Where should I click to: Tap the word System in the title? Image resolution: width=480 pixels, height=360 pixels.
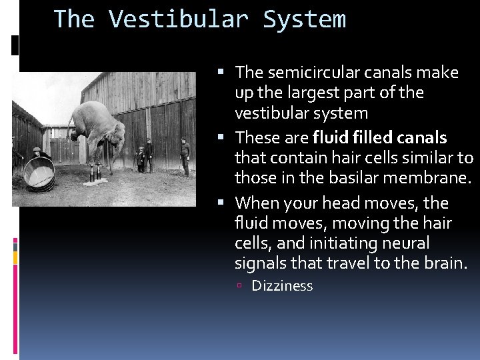(x=305, y=19)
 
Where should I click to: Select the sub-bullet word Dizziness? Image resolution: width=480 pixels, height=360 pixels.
(x=282, y=286)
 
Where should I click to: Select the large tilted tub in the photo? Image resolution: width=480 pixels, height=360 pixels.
(x=39, y=173)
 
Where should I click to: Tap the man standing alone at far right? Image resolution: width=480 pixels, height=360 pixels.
(x=185, y=156)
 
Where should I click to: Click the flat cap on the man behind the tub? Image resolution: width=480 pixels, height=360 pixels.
(x=37, y=149)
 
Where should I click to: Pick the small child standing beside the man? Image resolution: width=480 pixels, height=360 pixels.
(x=140, y=159)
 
